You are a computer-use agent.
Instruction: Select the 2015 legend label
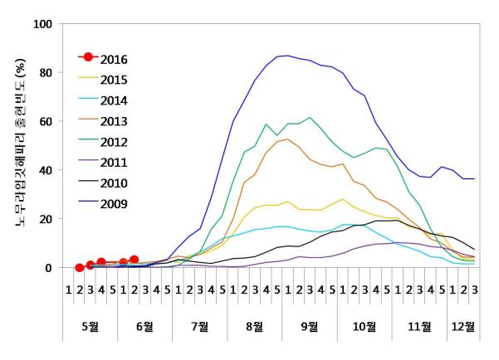[x=115, y=80]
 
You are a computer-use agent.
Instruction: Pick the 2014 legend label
[x=115, y=101]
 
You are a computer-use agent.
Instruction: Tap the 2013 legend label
[x=115, y=123]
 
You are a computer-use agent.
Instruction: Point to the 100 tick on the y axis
[x=42, y=24]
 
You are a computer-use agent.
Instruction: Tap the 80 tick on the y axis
[x=45, y=73]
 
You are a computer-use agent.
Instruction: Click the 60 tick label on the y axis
[x=45, y=122]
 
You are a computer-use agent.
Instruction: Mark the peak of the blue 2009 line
[x=287, y=56]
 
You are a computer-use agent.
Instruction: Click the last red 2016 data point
[x=134, y=260]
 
